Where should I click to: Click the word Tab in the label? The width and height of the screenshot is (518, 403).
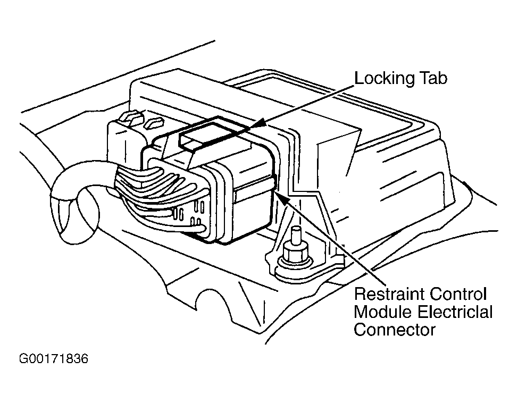pyautogui.click(x=433, y=78)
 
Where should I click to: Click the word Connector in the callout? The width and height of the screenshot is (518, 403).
pyautogui.click(x=395, y=330)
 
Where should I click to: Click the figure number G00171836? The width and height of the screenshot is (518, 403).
pyautogui.click(x=54, y=359)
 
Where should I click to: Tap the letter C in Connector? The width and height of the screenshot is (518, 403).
pyautogui.click(x=360, y=330)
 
